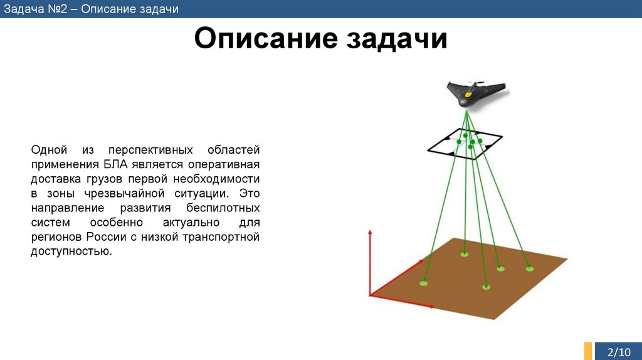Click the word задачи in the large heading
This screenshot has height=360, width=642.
395,40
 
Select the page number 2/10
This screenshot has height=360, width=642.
620,351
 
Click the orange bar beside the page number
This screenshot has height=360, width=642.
588,351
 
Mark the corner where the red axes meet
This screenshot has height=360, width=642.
371,295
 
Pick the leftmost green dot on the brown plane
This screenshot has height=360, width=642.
424,283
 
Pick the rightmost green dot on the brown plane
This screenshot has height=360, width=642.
530,268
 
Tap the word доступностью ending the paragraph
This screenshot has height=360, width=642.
71,251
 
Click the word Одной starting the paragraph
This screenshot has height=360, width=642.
49,151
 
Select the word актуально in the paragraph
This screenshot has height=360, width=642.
189,223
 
